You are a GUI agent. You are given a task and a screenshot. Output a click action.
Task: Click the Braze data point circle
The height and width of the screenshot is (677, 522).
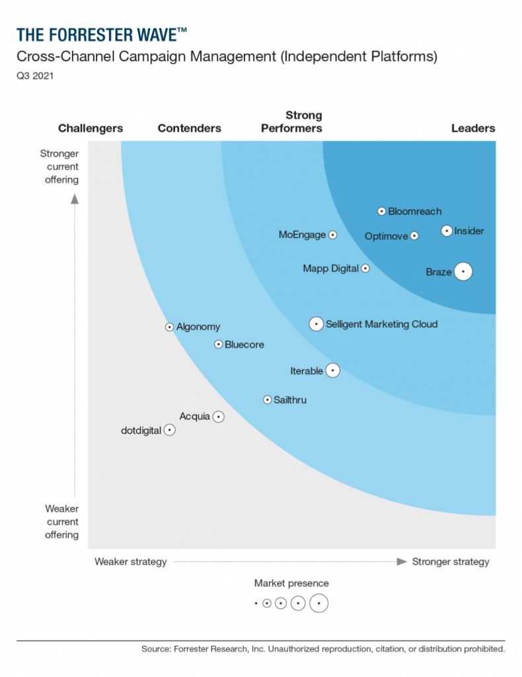coord(463,272)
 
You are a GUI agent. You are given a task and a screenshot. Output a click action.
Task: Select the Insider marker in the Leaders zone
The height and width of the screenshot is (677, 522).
coord(447,231)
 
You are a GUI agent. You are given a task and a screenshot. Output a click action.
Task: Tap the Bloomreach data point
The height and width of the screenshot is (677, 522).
coord(381,212)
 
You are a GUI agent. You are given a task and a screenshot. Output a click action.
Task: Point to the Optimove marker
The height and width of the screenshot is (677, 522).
coord(414,236)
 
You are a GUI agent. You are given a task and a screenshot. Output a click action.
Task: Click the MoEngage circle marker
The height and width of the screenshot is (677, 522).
coord(333,235)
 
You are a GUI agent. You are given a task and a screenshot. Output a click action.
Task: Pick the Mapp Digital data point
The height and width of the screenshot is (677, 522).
coord(365,268)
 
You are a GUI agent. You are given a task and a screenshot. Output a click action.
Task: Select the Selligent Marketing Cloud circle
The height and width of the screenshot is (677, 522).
coord(317,324)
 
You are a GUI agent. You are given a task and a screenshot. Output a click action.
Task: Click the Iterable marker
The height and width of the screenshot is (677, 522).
coord(333,371)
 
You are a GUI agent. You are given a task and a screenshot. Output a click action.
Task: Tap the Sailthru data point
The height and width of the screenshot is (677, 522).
coord(268,400)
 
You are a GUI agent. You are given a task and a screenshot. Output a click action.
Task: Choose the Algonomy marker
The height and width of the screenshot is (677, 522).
coord(170,327)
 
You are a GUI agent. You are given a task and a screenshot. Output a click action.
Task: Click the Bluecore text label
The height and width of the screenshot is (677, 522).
coord(244,344)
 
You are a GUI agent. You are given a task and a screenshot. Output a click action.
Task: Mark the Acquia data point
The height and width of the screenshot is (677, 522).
coord(219,417)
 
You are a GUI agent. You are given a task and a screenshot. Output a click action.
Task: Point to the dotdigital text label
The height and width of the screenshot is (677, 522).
coord(141,430)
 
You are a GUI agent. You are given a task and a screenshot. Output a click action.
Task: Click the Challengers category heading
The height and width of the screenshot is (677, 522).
coord(91,128)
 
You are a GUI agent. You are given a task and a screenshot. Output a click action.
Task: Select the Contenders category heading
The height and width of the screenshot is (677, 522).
coord(190,128)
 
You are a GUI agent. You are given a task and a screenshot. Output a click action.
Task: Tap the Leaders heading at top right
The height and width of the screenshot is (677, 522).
coord(473,128)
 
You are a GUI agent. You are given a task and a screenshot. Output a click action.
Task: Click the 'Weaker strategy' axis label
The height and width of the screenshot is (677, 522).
coord(131,561)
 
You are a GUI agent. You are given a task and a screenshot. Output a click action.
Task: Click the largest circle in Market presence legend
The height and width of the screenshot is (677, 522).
coord(318,603)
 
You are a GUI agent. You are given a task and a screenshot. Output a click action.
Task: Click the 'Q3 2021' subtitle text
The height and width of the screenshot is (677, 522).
coord(36,76)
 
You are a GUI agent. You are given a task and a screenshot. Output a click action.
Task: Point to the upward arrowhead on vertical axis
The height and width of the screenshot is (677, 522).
coord(75,198)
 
